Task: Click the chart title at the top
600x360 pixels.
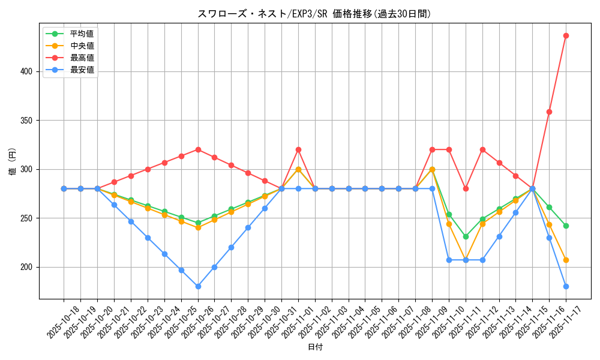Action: pos(314,14)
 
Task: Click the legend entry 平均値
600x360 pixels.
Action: pos(82,34)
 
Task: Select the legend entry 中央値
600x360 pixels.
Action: pos(82,46)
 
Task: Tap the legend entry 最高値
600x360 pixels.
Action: pos(82,58)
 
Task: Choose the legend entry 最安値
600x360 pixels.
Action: pos(82,70)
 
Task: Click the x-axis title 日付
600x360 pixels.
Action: pos(315,347)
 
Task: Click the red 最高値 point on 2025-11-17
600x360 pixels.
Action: pos(566,35)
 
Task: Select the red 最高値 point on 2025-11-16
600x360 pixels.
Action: pos(549,112)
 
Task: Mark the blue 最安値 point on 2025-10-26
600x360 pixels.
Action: pos(198,286)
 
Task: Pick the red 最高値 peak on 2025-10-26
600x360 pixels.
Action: pos(198,149)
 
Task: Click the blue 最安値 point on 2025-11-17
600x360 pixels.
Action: pos(566,286)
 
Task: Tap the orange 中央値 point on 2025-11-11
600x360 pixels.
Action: pos(466,260)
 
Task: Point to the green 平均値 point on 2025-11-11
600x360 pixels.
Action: pos(466,236)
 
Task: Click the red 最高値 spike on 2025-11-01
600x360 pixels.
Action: pos(298,149)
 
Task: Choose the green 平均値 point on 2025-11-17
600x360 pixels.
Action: pos(566,226)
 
